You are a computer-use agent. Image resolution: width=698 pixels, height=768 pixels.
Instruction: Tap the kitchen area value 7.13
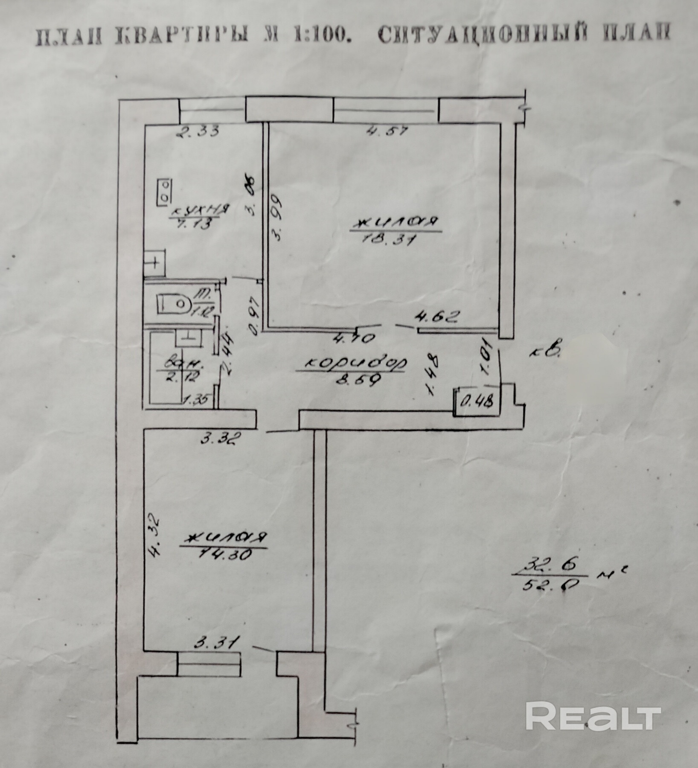[196, 225]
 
